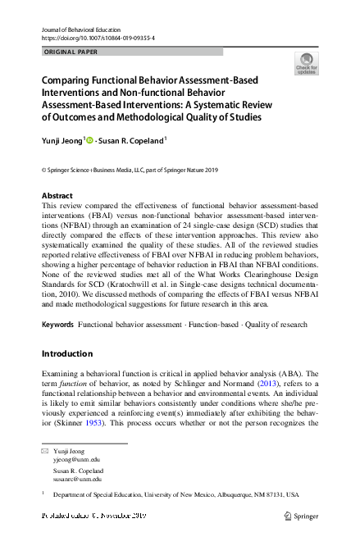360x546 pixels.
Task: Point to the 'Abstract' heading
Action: (x=57, y=196)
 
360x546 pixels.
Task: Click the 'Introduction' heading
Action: (x=68, y=353)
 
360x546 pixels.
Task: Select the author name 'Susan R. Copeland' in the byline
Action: (x=134, y=141)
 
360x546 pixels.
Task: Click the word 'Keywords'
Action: (x=57, y=325)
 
